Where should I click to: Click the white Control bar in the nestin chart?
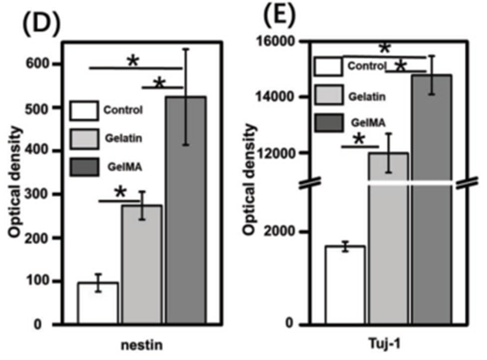[x=98, y=303]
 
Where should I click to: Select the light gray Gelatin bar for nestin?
[x=142, y=264]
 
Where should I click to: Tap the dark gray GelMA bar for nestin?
[x=186, y=211]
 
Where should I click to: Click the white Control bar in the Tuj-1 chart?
[x=345, y=285]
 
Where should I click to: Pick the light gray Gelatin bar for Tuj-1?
[x=389, y=239]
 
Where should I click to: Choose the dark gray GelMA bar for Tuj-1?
[x=432, y=200]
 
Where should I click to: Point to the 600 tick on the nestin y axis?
[x=37, y=64]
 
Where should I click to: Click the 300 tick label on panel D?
[x=37, y=194]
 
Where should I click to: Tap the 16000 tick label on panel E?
[x=274, y=41]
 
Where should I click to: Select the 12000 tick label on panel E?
[x=274, y=153]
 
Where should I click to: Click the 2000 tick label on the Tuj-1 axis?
[x=278, y=231]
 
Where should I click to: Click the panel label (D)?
[x=41, y=25]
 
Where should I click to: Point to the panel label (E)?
[x=278, y=14]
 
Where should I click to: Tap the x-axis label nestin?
[x=141, y=345]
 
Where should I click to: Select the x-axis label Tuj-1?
[x=384, y=344]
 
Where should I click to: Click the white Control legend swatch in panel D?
[x=84, y=111]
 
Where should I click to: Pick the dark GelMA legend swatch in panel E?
[x=329, y=123]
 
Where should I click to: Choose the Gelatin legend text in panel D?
[x=124, y=138]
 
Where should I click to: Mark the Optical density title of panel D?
[x=15, y=182]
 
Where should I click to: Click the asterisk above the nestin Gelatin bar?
[x=120, y=192]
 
